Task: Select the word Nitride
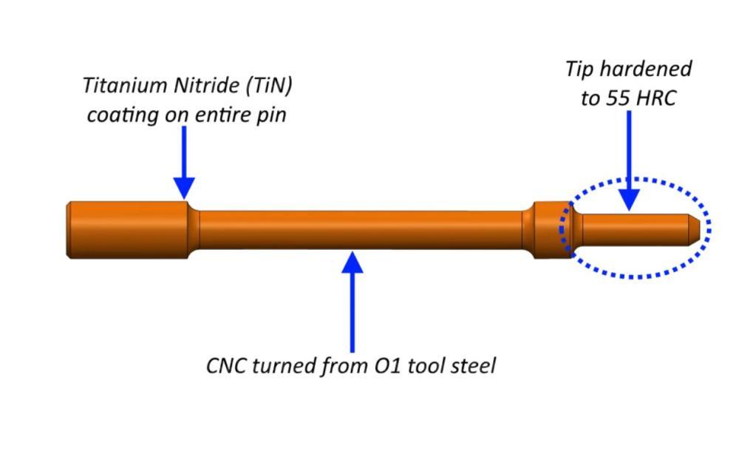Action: (203, 85)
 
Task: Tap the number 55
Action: (620, 99)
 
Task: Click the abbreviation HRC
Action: (654, 99)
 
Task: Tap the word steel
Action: (470, 365)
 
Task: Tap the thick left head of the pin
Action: (126, 230)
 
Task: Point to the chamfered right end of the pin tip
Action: (695, 227)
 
